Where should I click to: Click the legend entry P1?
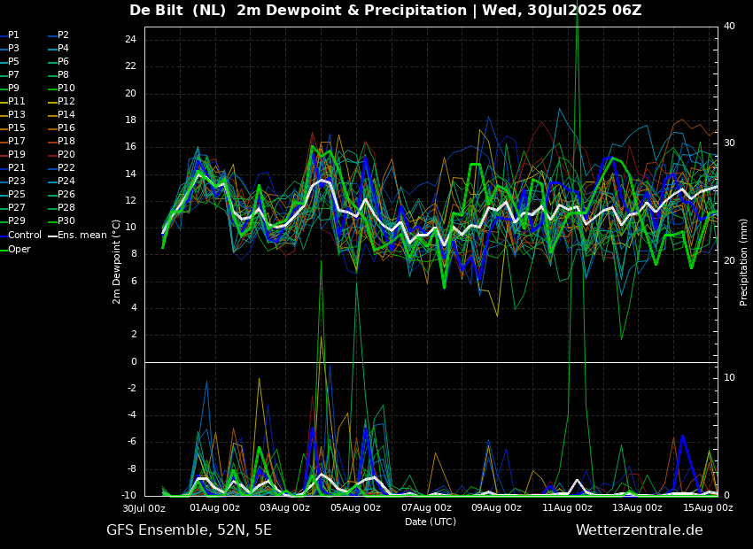(13, 35)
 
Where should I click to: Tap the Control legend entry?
(24, 236)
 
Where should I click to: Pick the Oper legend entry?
(19, 250)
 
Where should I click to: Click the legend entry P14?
(66, 115)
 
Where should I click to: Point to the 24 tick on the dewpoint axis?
(130, 40)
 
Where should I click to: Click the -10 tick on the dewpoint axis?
(128, 495)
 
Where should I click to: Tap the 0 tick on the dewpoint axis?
(133, 361)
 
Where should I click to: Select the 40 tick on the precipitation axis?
(729, 26)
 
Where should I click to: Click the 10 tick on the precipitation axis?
(729, 377)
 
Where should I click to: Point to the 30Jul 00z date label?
(144, 508)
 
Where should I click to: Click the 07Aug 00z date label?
(426, 508)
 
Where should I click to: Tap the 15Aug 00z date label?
(708, 508)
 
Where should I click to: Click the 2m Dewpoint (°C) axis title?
(117, 261)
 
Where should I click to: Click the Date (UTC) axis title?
(431, 522)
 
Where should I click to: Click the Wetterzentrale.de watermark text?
(639, 530)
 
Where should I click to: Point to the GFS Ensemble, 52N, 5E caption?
(189, 530)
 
